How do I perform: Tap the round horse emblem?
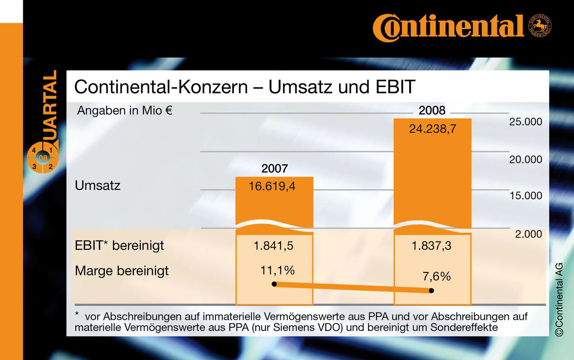click(540, 26)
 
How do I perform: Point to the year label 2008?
click(432, 110)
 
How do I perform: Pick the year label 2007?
click(274, 169)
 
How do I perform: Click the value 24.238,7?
click(432, 129)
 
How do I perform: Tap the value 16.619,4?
click(272, 187)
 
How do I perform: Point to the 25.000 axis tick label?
click(525, 122)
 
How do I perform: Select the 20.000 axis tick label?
click(525, 159)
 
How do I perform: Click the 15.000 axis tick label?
click(526, 196)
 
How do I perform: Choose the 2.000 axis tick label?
click(528, 234)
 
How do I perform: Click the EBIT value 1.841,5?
click(273, 245)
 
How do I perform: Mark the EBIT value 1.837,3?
click(431, 245)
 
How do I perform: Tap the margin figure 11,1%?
click(277, 270)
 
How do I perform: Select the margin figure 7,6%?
click(436, 276)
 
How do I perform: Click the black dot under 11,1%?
click(274, 284)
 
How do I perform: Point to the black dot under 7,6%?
click(432, 291)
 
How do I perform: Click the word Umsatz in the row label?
click(98, 185)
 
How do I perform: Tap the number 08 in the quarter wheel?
click(43, 158)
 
